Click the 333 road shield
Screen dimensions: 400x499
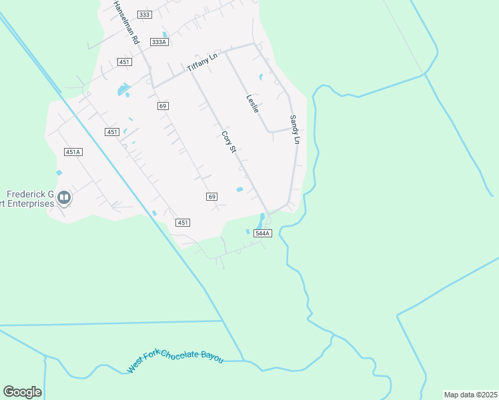tap(144, 14)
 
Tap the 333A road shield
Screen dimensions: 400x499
tap(158, 41)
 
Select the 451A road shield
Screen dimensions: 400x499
tap(73, 152)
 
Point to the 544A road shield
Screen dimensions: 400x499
tap(263, 233)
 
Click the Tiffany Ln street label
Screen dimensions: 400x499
tap(202, 63)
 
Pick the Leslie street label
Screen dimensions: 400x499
tap(252, 103)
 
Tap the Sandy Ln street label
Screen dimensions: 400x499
tap(294, 129)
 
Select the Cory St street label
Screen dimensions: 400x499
tap(229, 141)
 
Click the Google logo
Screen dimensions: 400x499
tap(22, 391)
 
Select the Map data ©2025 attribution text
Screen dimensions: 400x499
tap(470, 395)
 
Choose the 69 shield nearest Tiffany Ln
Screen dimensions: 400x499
tap(163, 106)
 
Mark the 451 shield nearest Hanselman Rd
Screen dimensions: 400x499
tap(124, 62)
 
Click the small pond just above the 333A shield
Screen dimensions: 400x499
tap(164, 35)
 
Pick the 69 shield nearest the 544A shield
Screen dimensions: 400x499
tap(211, 196)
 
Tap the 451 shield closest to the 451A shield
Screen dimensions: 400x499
tap(112, 132)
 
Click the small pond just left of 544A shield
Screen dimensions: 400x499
tap(247, 231)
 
